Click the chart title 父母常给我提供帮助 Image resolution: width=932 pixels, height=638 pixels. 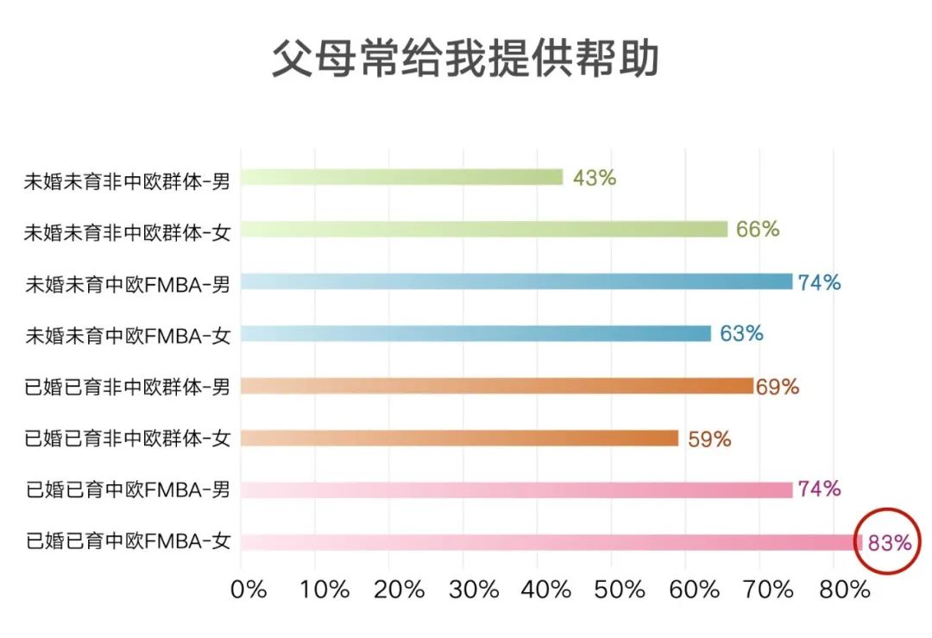[x=466, y=59]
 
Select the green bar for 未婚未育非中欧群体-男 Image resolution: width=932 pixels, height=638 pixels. [x=402, y=178]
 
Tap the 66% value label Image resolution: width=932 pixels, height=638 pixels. [x=758, y=230]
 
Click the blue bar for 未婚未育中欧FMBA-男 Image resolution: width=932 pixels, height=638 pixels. [x=516, y=281]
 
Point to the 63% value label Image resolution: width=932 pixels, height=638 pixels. [x=741, y=333]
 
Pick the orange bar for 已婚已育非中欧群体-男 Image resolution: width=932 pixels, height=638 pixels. [x=497, y=386]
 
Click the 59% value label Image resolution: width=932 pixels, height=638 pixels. [x=709, y=439]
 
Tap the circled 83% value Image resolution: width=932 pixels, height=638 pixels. [x=890, y=543]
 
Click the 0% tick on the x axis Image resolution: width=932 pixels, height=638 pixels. [x=249, y=590]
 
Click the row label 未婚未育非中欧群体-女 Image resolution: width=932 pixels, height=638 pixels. [x=128, y=231]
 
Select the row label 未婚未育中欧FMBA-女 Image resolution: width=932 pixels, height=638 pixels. [x=128, y=335]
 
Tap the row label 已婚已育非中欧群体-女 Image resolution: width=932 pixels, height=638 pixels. [x=128, y=439]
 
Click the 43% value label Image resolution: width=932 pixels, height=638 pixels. [x=595, y=178]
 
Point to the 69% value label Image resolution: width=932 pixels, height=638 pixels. [x=778, y=387]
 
